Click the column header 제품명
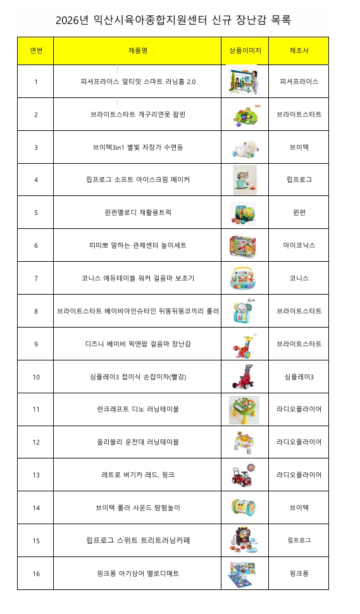coord(137,50)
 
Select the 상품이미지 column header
coord(245,50)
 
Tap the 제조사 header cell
coord(299,50)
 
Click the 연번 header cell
coord(36,50)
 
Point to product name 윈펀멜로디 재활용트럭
coord(137,212)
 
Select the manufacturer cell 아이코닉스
coord(299,245)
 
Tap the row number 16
coord(36,574)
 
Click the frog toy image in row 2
coord(244,114)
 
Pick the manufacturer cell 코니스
coord(299,278)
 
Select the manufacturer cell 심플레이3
coord(299,377)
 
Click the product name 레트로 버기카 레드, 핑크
coord(137,475)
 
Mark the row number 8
coord(36,311)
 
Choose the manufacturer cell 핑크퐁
coord(299,574)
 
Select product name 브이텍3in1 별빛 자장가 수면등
coord(137,147)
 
